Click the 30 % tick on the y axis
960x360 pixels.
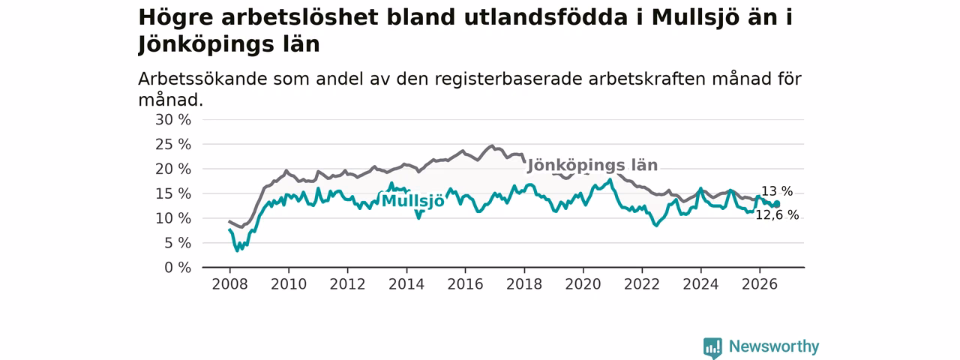(x=173, y=120)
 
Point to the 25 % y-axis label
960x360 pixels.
(x=173, y=145)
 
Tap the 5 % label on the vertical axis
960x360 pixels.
(x=178, y=243)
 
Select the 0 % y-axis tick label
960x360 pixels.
(x=178, y=268)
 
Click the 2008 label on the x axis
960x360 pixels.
(x=229, y=284)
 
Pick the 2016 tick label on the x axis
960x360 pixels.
(x=465, y=284)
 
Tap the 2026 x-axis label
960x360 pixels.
(x=760, y=284)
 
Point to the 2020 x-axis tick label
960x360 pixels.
(x=583, y=284)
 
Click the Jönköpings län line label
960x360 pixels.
(x=592, y=166)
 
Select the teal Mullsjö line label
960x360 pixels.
(x=413, y=200)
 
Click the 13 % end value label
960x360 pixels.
(x=777, y=191)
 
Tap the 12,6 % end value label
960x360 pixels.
(x=777, y=214)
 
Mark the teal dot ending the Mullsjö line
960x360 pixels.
(x=776, y=204)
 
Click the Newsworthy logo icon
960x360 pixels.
(x=712, y=347)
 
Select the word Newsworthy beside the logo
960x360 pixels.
(x=774, y=346)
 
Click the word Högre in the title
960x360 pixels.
(x=175, y=18)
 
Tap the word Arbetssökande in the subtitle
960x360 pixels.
(x=202, y=79)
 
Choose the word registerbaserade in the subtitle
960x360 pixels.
(x=508, y=79)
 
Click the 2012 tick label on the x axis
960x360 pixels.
(x=347, y=284)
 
